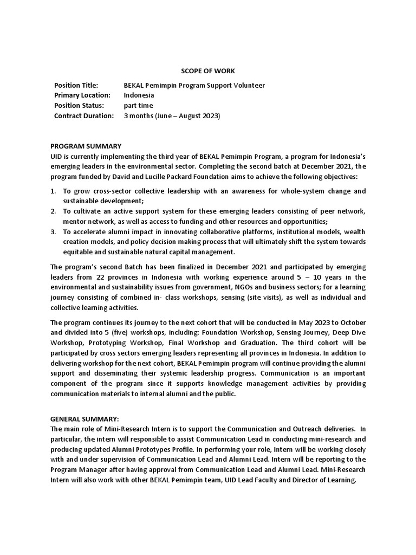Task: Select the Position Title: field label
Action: tap(76, 86)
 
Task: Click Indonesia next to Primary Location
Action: tap(139, 95)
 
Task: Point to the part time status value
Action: tap(139, 106)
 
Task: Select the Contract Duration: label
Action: tap(84, 115)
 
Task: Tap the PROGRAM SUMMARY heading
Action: tap(86, 146)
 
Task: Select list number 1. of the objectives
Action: tap(53, 191)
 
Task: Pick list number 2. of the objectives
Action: tap(53, 211)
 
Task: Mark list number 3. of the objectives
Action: tap(53, 232)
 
